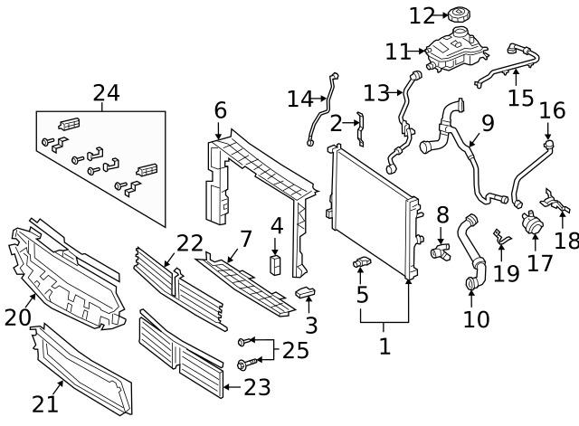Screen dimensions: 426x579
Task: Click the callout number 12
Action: (x=422, y=15)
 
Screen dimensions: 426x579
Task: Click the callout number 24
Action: (x=106, y=92)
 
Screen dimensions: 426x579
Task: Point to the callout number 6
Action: (x=220, y=110)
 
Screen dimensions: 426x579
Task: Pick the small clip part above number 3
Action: (x=305, y=292)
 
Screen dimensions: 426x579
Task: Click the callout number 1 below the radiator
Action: (x=384, y=346)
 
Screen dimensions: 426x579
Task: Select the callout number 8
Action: (x=442, y=215)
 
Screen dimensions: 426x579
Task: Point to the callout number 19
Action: (x=507, y=272)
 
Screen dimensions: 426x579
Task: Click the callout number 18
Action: (x=566, y=240)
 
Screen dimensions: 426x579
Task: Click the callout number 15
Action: (x=520, y=98)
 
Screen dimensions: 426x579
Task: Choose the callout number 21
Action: (x=46, y=403)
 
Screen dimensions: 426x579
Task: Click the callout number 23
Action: (x=257, y=388)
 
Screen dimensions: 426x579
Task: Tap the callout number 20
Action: (x=18, y=317)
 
